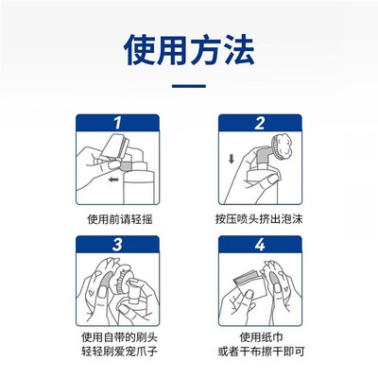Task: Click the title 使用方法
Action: point(189,50)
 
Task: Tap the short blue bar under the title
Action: point(189,87)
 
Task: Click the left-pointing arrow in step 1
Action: point(114,178)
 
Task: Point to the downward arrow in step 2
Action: point(231,158)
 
